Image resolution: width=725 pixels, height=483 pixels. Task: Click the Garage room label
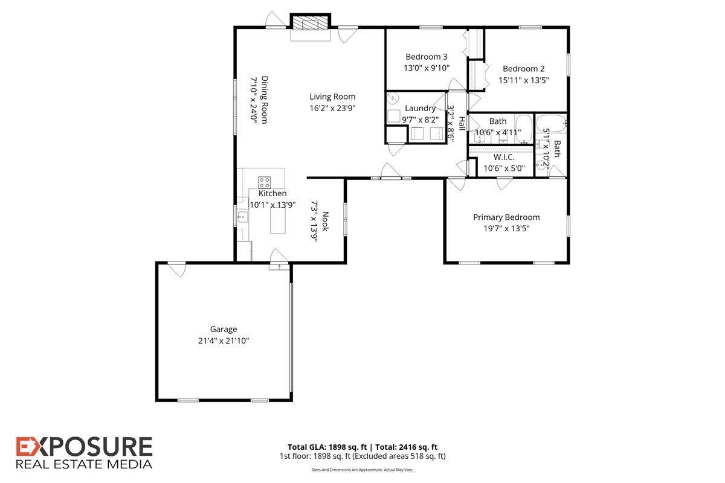(224, 329)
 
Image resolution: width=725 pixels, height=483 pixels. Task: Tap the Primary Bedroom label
(506, 217)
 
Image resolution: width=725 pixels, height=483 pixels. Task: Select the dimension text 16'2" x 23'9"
(332, 108)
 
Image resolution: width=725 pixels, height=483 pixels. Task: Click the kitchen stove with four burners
(264, 182)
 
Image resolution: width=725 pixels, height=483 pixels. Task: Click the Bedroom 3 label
(427, 57)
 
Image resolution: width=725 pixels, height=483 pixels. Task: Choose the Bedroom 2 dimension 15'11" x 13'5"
(523, 80)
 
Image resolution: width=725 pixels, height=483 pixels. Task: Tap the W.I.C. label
(504, 157)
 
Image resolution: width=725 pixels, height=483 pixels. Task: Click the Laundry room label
(420, 109)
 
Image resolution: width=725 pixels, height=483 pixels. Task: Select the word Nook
(325, 222)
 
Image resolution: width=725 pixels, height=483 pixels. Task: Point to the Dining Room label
(265, 100)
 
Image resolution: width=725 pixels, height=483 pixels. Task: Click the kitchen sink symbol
(242, 216)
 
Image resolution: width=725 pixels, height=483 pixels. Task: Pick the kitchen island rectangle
(278, 220)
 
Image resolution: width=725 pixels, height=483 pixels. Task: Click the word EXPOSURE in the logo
(84, 447)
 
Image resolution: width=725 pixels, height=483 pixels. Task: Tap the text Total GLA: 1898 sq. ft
(327, 447)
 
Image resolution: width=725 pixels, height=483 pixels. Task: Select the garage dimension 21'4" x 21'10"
(224, 341)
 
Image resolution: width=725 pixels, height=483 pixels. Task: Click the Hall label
(462, 124)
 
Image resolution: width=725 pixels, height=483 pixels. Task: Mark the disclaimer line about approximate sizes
(362, 470)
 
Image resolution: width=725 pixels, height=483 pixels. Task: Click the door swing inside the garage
(177, 270)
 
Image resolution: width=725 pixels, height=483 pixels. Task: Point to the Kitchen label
(272, 193)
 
